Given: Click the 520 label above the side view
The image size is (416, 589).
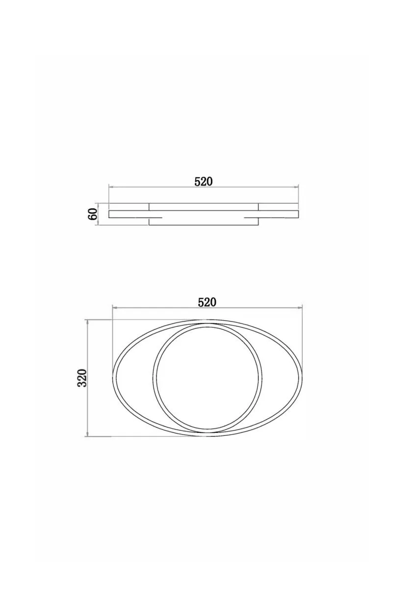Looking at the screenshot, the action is point(203,182).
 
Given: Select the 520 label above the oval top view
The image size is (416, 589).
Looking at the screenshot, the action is point(207,302).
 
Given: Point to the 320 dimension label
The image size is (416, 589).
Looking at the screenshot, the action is point(82,378).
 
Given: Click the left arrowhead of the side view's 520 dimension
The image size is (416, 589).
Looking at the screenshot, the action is point(111,187).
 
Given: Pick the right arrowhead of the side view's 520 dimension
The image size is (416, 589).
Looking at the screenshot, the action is point(296,187).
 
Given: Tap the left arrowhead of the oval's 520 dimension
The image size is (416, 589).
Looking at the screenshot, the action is point(114,307).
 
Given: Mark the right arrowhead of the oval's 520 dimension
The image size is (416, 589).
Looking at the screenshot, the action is point(300,307).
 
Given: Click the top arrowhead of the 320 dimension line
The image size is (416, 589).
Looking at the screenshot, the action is point(87,322).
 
